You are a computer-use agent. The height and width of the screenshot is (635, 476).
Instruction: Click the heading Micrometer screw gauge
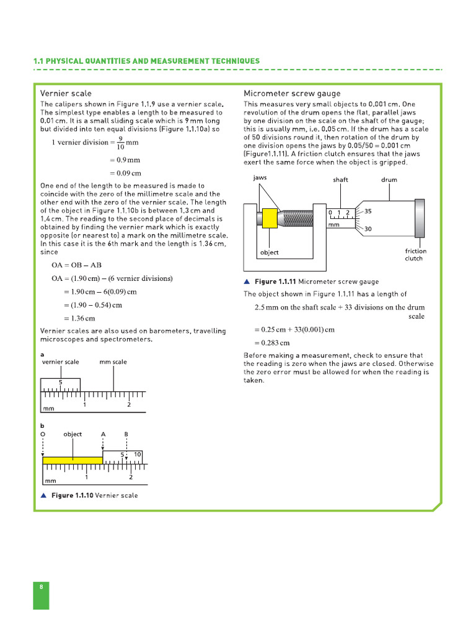[x=292, y=93]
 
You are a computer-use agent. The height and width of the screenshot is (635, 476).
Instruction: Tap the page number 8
[x=41, y=586]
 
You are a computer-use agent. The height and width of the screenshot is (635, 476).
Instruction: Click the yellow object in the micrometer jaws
[x=270, y=218]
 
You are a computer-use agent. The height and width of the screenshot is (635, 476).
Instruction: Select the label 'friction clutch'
[x=415, y=255]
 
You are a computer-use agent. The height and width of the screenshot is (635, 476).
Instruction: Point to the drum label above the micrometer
[x=389, y=180]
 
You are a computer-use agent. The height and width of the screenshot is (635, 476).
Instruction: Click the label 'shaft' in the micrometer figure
[x=340, y=180]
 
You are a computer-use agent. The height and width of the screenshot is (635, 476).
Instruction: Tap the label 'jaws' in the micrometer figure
[x=260, y=177]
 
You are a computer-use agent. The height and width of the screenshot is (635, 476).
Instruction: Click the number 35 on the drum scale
[x=368, y=211]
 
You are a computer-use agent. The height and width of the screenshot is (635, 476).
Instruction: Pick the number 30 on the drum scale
[x=368, y=229]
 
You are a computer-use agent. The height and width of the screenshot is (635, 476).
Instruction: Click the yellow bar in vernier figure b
[x=73, y=460]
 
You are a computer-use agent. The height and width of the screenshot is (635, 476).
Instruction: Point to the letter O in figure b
[x=43, y=434]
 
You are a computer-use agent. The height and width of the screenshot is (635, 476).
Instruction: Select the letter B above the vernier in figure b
[x=126, y=434]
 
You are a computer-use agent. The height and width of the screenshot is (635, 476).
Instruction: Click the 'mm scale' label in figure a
[x=113, y=362]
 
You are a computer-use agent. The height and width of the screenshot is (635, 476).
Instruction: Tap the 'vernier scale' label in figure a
[x=60, y=362]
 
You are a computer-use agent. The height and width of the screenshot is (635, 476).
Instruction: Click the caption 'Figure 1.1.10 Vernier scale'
[x=94, y=495]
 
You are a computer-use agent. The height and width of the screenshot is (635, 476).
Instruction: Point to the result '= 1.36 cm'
[x=79, y=318]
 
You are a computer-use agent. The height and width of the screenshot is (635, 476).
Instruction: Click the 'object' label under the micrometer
[x=270, y=252]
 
